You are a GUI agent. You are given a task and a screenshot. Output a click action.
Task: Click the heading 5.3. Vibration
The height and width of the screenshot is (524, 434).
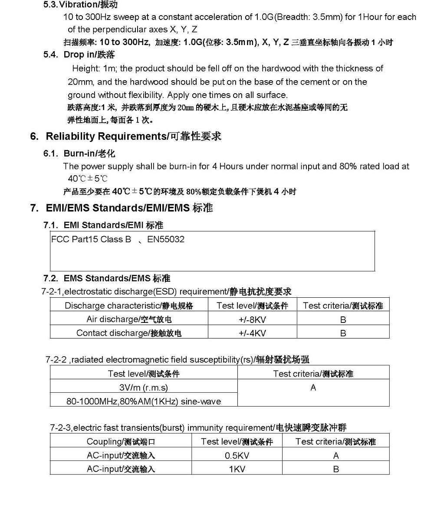(80, 5)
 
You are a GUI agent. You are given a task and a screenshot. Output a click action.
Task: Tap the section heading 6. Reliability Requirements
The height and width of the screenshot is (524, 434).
(125, 137)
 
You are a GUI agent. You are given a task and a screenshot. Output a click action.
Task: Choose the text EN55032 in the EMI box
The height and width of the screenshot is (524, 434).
(166, 239)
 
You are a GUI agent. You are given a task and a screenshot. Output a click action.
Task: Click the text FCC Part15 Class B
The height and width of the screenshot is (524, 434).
(91, 239)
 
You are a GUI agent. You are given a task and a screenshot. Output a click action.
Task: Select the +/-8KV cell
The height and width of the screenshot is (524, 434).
(252, 320)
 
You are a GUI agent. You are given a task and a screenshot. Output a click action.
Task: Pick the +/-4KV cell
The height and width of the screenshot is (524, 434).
(252, 333)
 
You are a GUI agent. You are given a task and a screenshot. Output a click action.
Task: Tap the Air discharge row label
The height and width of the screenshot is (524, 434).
(129, 319)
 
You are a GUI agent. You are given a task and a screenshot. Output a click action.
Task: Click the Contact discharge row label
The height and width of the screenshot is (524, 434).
(129, 333)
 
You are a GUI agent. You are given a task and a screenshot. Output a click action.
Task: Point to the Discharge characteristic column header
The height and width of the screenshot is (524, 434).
(129, 306)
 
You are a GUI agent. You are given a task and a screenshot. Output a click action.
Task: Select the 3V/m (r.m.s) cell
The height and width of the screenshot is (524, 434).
(144, 387)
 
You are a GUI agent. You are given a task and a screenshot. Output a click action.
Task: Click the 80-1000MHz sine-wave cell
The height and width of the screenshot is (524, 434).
(144, 401)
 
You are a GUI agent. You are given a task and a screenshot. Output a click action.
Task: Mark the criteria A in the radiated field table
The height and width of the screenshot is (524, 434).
(313, 388)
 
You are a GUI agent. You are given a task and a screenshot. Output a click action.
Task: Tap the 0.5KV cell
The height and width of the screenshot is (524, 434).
(237, 456)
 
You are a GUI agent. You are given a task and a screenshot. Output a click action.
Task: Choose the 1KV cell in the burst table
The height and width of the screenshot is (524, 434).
(237, 469)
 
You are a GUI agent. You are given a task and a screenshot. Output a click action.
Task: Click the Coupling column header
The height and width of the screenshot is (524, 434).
(121, 442)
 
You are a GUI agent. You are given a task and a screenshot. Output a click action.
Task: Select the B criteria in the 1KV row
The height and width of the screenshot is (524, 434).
(336, 469)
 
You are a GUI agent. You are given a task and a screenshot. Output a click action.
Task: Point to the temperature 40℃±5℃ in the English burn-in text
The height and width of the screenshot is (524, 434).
(88, 179)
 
